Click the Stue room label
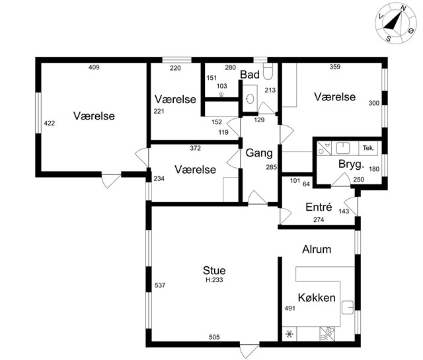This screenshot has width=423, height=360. [214, 270]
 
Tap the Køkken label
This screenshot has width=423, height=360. [317, 297]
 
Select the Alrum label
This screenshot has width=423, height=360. [317, 250]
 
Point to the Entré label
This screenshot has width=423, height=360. [319, 207]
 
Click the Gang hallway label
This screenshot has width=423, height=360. [259, 153]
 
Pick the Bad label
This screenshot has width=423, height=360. [250, 75]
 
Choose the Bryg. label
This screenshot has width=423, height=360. [351, 164]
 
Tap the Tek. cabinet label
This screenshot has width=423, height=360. [369, 148]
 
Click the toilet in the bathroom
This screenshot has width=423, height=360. [268, 71]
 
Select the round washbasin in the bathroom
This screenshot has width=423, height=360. [250, 98]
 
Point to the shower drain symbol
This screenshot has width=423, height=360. [221, 94]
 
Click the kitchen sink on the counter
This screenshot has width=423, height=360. [348, 307]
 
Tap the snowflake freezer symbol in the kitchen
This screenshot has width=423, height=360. [289, 334]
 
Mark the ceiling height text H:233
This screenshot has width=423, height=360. [214, 280]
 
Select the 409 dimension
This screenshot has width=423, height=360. [94, 67]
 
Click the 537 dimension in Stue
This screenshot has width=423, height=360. [160, 285]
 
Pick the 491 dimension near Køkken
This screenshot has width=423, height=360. [290, 308]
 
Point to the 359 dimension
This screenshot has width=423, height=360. [335, 67]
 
